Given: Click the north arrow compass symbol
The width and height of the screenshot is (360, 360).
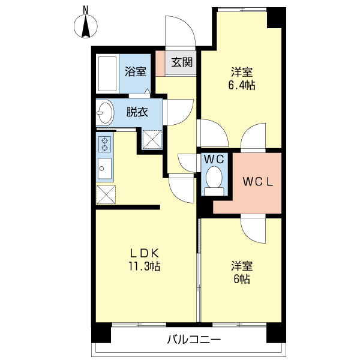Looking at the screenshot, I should [x=86, y=27].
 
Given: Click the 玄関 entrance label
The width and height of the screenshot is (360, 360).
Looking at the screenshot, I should [x=182, y=62].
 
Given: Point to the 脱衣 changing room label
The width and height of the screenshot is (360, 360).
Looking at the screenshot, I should [x=137, y=112].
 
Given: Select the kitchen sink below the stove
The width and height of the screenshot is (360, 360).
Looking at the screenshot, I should [x=105, y=166].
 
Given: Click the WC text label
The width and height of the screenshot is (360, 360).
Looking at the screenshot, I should [x=214, y=160].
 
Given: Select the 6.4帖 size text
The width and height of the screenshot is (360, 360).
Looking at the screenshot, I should [x=241, y=85].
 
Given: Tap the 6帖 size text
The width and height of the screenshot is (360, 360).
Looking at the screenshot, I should [x=241, y=279].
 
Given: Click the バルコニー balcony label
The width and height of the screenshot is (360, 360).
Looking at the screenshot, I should [x=194, y=340].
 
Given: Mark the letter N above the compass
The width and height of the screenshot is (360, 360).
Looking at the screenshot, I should [x=86, y=9].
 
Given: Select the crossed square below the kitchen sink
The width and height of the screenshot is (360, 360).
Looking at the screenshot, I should [x=107, y=195].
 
